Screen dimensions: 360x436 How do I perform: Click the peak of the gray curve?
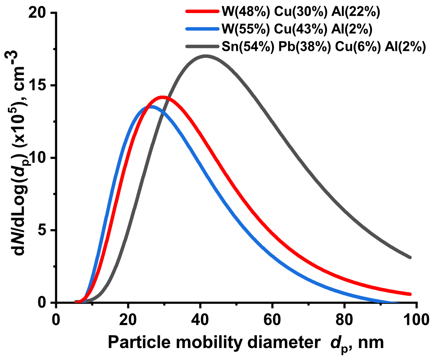pyautogui.click(x=206, y=56)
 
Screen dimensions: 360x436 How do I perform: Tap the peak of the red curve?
pyautogui.click(x=163, y=97)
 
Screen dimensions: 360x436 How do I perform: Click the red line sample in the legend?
pyautogui.click(x=202, y=12)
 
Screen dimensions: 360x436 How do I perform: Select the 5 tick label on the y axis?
pyautogui.click(x=42, y=230)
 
